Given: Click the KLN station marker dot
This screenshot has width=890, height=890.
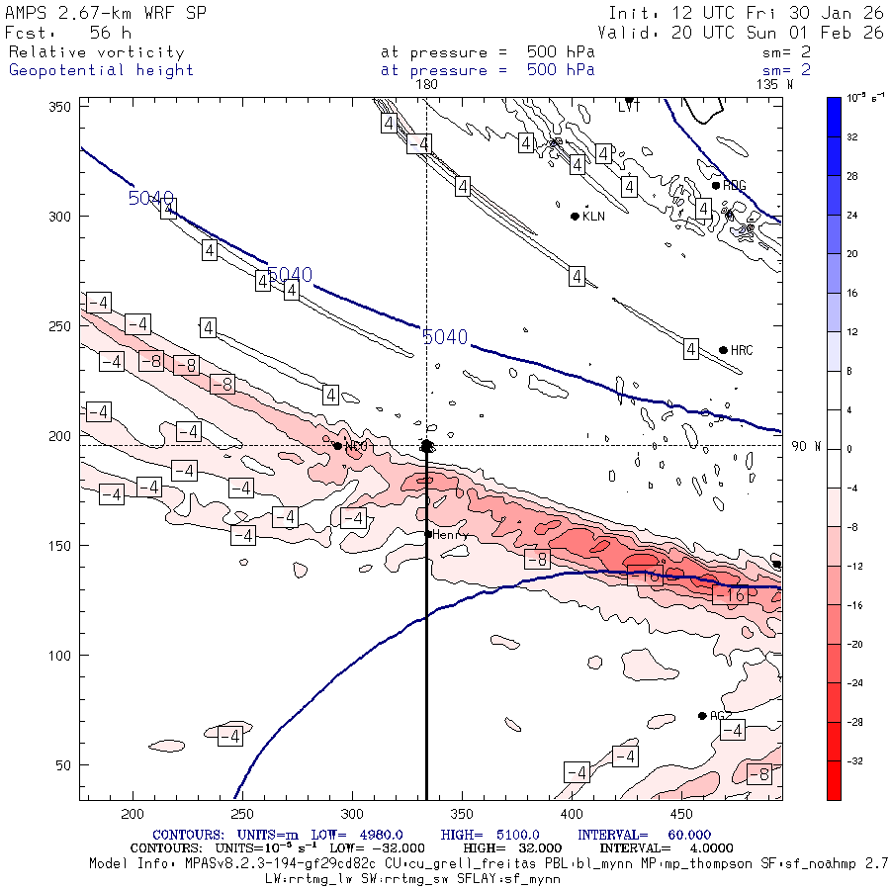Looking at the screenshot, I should click(x=575, y=216).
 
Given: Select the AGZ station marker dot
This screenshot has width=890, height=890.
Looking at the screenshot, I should click(x=702, y=715).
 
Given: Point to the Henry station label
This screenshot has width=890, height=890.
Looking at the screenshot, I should click(x=450, y=534).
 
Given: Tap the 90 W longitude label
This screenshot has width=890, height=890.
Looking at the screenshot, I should click(x=807, y=446).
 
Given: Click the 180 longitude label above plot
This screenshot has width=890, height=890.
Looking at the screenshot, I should click(x=426, y=85).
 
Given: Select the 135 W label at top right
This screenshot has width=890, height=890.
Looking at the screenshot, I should click(x=773, y=85).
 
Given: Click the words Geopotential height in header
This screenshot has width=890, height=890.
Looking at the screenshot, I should click(x=101, y=70).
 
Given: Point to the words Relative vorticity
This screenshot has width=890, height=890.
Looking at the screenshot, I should click(x=96, y=52).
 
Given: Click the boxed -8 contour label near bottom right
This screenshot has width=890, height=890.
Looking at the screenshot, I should click(x=759, y=774).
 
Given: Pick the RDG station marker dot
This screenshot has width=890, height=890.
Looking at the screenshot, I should click(x=716, y=185).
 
